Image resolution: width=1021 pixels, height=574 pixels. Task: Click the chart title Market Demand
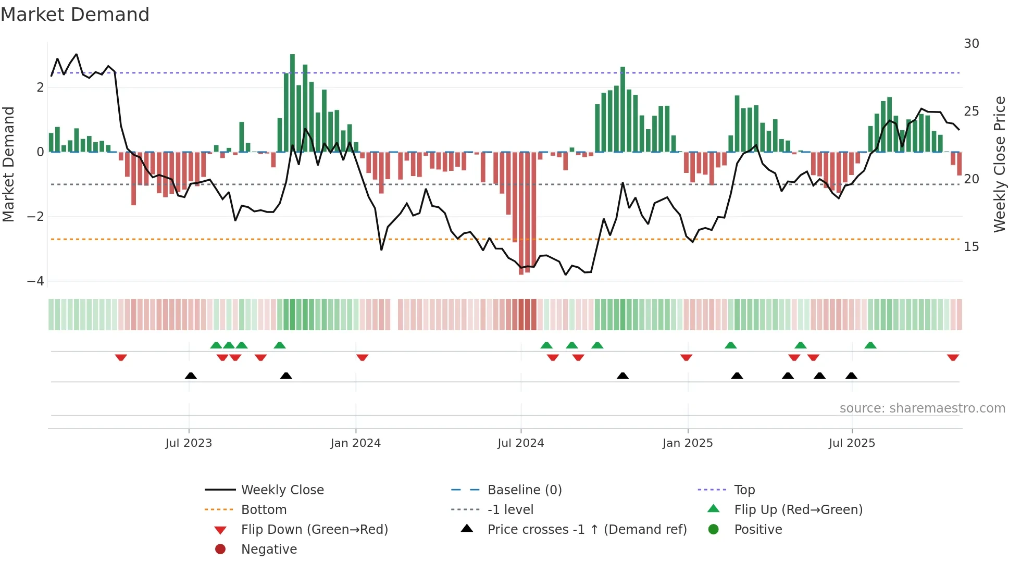[x=75, y=15]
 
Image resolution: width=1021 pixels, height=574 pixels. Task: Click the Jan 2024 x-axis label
[x=355, y=443]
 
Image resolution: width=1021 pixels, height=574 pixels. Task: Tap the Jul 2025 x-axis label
[x=852, y=443]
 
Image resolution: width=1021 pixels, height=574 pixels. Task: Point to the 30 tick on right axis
[x=971, y=44]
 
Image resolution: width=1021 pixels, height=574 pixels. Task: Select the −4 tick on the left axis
[x=36, y=281]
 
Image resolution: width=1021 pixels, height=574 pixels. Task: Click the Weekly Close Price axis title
[x=999, y=164]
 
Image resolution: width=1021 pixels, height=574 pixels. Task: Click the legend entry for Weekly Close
[x=282, y=490]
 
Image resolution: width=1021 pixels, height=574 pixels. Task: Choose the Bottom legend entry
[x=264, y=510]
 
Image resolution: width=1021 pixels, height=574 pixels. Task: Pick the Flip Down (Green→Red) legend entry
[x=314, y=530]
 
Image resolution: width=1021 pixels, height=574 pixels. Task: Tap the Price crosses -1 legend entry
[x=587, y=530]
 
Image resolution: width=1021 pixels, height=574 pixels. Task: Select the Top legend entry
[x=744, y=490]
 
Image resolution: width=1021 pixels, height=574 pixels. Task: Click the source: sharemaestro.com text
[x=922, y=408]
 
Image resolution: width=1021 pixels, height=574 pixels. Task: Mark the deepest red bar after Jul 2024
[x=521, y=214]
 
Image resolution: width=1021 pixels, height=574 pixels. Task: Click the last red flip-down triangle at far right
[x=953, y=358]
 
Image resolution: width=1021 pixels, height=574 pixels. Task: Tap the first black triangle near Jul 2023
[x=191, y=376]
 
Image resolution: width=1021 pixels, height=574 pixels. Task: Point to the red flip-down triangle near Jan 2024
[x=362, y=358]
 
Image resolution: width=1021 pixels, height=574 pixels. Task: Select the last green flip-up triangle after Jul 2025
[x=870, y=345]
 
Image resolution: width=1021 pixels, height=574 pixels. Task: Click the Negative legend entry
[x=268, y=550]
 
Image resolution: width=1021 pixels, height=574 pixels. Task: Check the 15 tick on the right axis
[x=971, y=247]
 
